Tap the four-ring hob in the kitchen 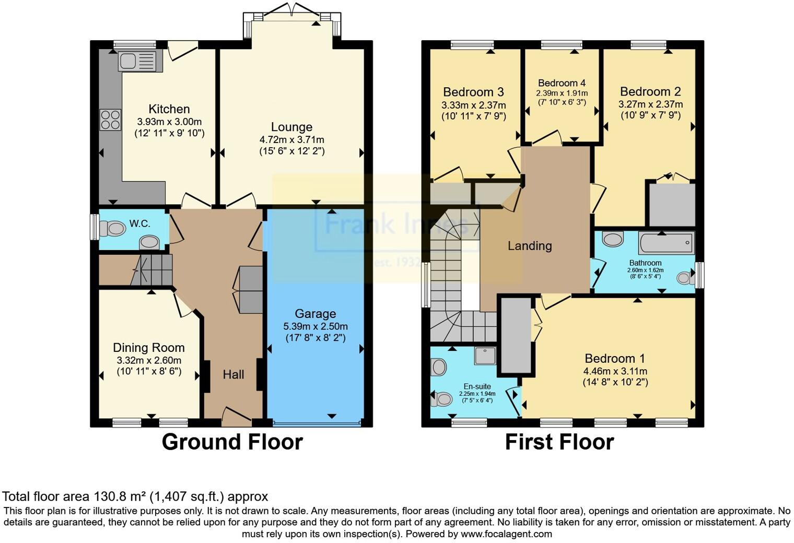[x=110, y=120]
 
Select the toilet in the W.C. [x=112, y=229]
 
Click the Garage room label [x=315, y=313]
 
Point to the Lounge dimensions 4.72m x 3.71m [x=291, y=139]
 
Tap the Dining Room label [x=149, y=348]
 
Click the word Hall [x=233, y=374]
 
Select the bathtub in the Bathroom [x=667, y=243]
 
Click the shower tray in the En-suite [x=485, y=355]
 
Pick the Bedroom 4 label [x=562, y=83]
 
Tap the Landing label [x=530, y=246]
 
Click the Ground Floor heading [x=232, y=442]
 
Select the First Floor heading [x=559, y=442]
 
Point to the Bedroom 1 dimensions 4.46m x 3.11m [x=615, y=371]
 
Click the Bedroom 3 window [x=473, y=44]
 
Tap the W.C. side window [x=94, y=227]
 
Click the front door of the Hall [x=236, y=417]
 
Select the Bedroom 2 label [x=650, y=92]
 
